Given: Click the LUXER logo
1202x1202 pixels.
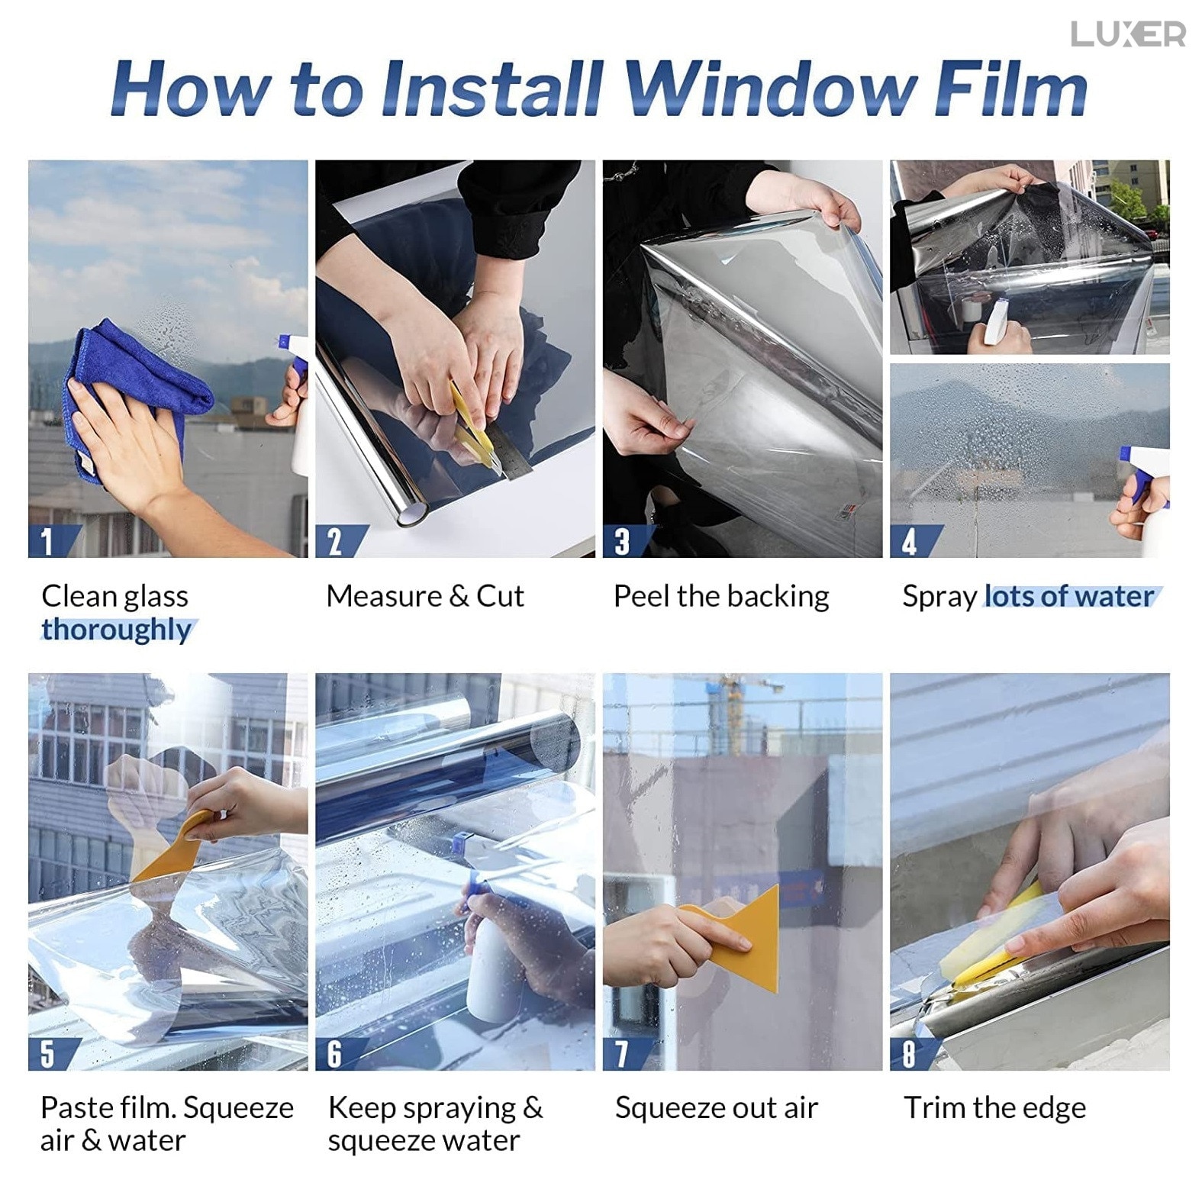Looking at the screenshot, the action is click(1128, 34).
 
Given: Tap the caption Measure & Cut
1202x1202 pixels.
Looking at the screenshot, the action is click(425, 596).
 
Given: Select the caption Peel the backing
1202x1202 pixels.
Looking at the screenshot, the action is click(721, 596).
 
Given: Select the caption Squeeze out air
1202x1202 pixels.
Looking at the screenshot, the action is click(717, 1108).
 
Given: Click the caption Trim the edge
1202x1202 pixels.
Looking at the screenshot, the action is click(994, 1108).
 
